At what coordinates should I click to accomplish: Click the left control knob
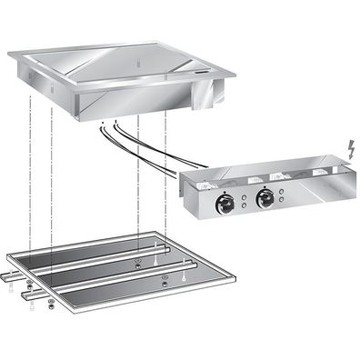[x=224, y=205]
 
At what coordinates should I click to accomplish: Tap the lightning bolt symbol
[x=351, y=146]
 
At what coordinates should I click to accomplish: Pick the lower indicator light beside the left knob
[x=243, y=205]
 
